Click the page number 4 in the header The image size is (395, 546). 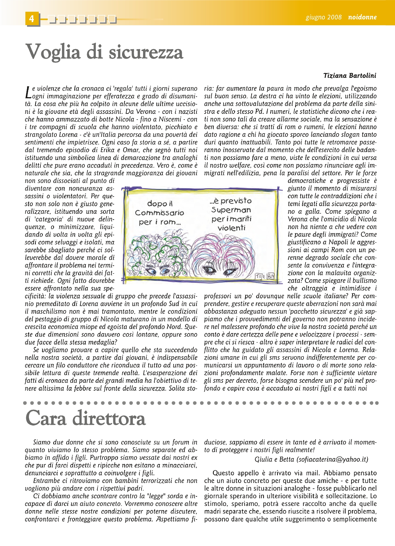point(32,19)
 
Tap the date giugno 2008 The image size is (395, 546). point(323,17)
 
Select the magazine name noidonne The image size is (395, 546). point(362,17)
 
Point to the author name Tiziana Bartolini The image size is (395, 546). point(349,76)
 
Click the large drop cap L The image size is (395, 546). point(28,92)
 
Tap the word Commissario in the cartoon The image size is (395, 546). point(159,213)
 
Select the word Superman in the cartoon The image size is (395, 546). point(231,210)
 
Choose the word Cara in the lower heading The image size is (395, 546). point(46,418)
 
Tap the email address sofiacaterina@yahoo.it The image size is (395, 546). point(332,459)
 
